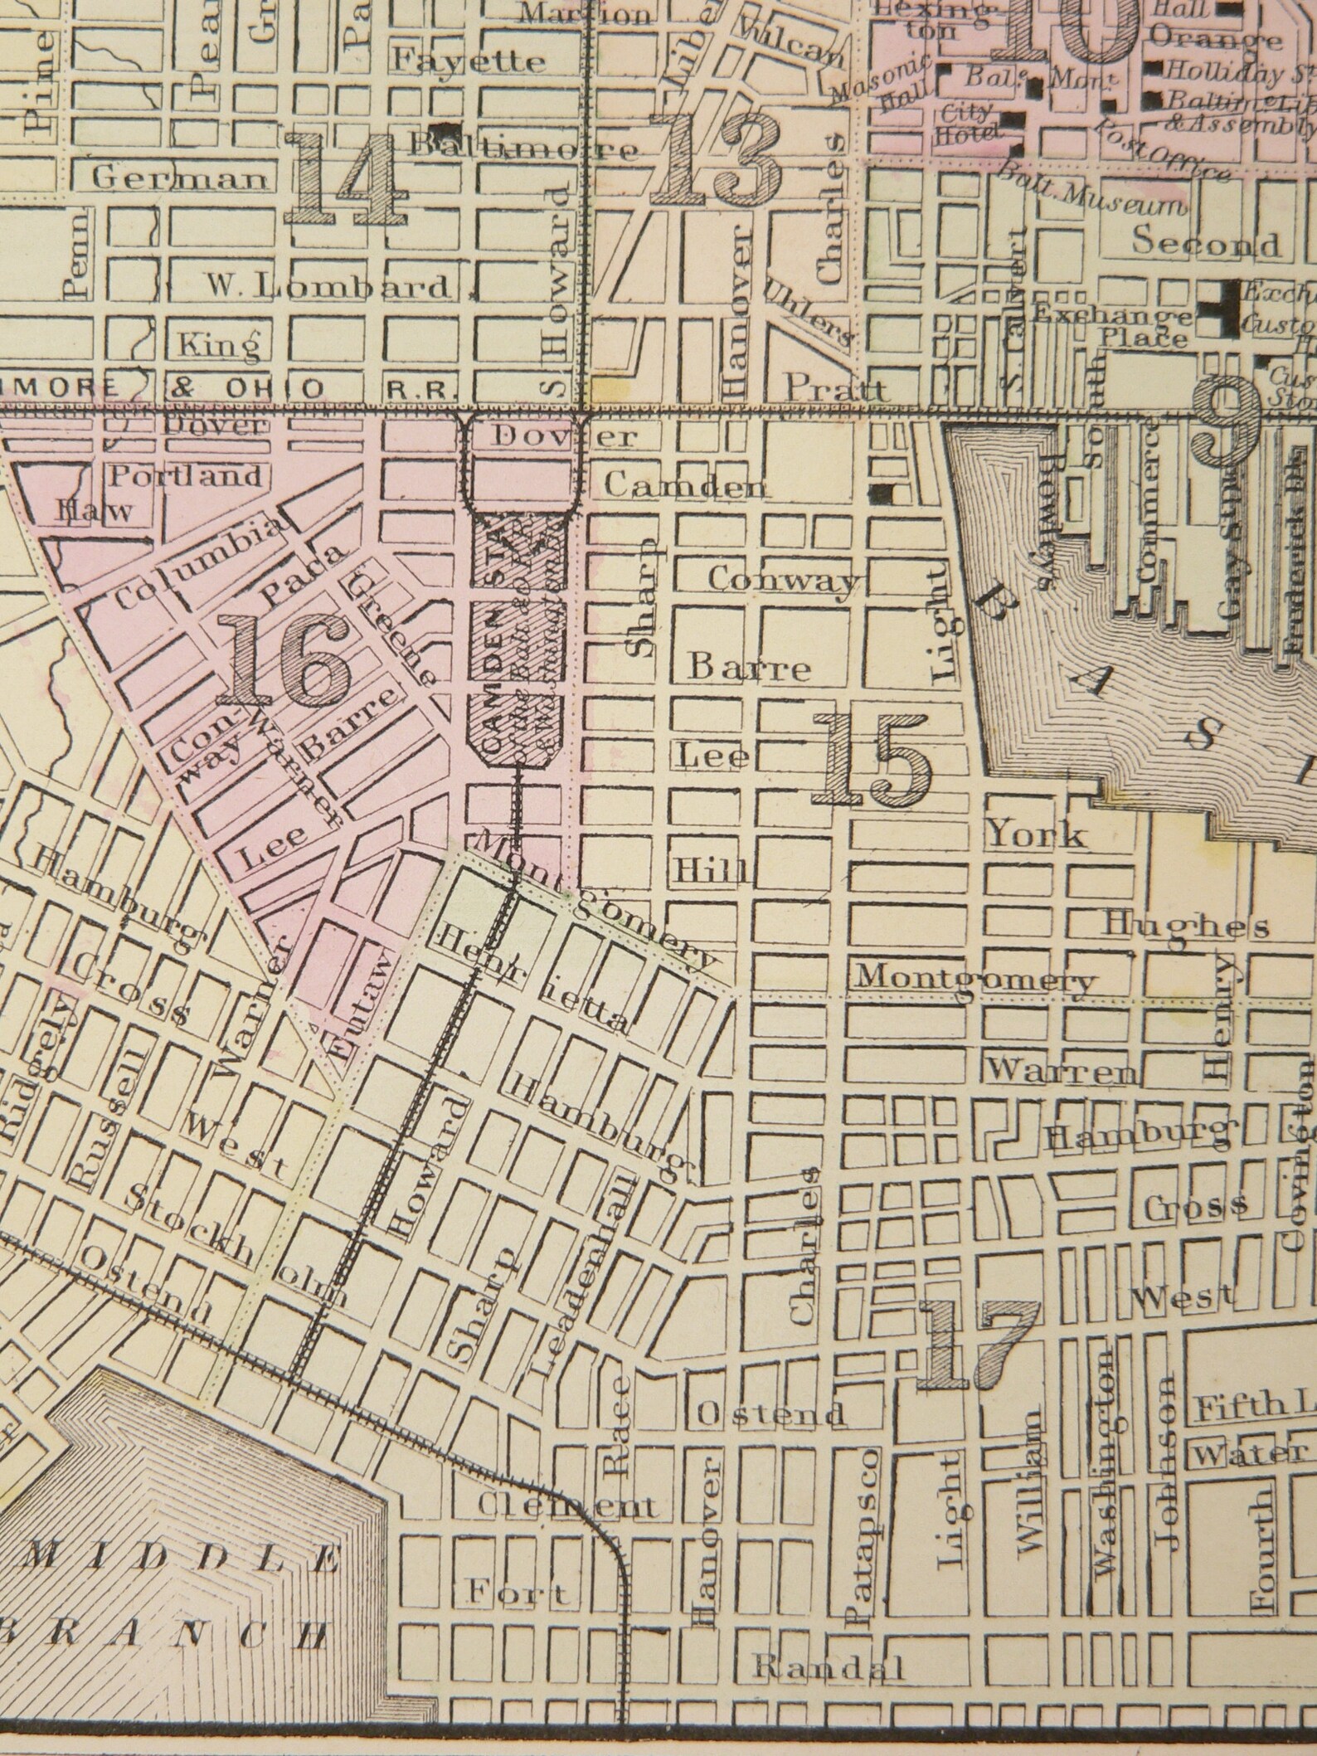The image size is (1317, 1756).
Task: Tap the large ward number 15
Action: (x=872, y=758)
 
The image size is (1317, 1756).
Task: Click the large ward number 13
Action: (x=715, y=159)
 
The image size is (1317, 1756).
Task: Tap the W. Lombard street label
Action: (x=327, y=287)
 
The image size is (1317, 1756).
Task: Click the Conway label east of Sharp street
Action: (x=784, y=580)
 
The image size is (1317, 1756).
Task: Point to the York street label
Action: (x=1037, y=834)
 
